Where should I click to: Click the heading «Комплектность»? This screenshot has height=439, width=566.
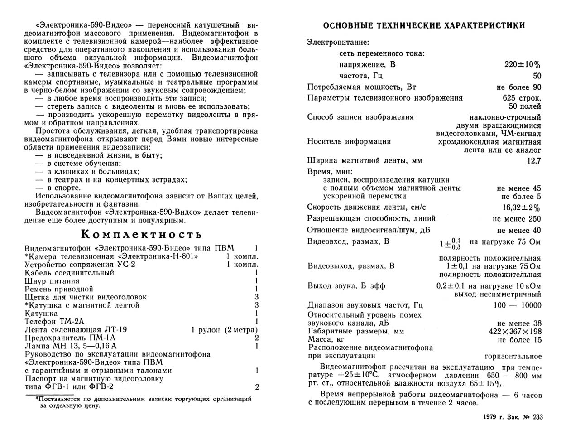pos(141,235)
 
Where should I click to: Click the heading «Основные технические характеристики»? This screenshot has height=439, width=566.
pos(419,25)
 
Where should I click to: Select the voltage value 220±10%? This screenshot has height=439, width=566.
pos(523,65)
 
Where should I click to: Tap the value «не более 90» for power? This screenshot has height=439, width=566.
pos(519,87)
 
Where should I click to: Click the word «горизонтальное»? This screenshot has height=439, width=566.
pos(513,356)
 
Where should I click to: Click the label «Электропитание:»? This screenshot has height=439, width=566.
pos(338,43)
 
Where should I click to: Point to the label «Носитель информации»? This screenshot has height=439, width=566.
pos(349,141)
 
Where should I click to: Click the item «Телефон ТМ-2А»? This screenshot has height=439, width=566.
pos(54,321)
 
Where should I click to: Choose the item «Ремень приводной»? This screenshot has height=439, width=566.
pos(59,289)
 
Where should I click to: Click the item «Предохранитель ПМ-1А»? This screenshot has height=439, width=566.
pos(70,338)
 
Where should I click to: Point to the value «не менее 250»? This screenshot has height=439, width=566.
pos(517,219)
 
